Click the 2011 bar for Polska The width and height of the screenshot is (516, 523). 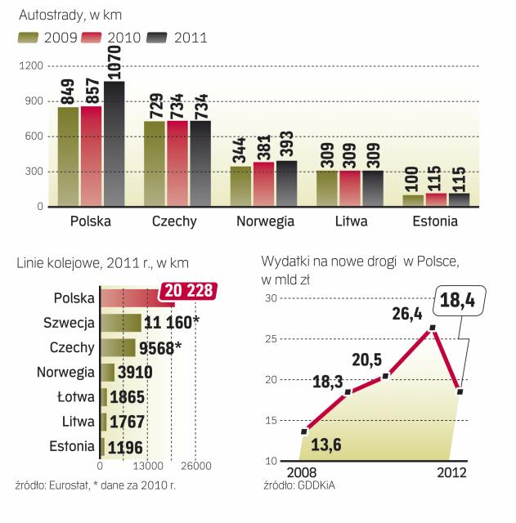[x=114, y=143]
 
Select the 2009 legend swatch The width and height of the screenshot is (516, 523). [x=29, y=37]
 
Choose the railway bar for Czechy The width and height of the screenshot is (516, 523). [x=117, y=348]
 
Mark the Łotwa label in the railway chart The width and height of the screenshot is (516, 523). [x=73, y=397]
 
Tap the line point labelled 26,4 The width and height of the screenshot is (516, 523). [x=433, y=328]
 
